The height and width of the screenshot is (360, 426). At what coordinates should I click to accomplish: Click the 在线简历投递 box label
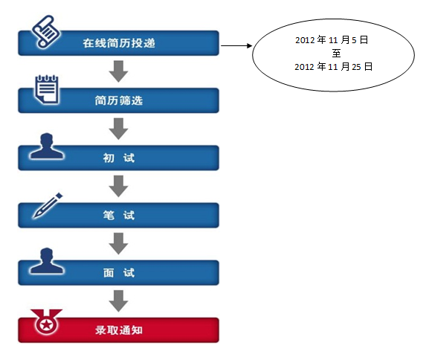point(119,43)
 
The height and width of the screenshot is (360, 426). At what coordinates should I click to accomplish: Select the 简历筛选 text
point(119,100)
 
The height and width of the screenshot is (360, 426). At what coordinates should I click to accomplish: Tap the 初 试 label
point(119,158)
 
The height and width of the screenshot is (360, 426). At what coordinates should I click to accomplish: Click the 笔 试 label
point(119,216)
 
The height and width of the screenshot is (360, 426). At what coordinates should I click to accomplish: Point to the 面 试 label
point(119,273)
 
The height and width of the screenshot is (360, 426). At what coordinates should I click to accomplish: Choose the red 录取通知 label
point(119,330)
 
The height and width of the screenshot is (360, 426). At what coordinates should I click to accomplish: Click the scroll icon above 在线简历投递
point(46,32)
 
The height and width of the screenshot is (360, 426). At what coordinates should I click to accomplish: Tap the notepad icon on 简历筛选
point(47,90)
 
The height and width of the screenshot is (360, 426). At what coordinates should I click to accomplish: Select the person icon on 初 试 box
point(47,146)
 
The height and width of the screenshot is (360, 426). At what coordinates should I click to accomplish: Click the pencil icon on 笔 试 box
point(48,205)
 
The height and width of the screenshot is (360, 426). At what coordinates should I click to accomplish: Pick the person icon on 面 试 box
point(47,261)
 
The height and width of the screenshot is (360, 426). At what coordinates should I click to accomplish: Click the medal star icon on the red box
point(46,323)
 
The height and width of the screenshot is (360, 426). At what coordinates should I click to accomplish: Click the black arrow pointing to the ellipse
point(236,45)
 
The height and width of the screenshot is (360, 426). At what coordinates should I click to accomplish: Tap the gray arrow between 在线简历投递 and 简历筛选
point(118,71)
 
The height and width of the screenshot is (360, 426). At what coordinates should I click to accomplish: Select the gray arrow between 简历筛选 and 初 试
point(118,129)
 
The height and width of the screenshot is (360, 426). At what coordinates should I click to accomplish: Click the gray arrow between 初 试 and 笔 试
point(118,186)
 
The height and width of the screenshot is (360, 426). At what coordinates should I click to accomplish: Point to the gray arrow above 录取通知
point(118,300)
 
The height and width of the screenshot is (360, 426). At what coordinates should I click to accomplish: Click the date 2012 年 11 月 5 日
point(332,40)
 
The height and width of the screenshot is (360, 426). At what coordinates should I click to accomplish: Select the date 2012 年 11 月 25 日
point(334,66)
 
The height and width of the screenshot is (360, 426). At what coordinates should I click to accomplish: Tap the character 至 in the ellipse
point(336,53)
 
